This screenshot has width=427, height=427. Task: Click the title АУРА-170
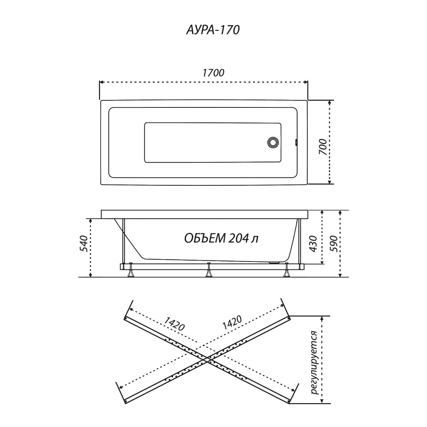click(213, 30)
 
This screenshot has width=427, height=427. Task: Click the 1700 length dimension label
click(213, 73)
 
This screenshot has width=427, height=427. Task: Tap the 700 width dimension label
click(323, 147)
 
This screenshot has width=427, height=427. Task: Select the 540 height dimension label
click(84, 243)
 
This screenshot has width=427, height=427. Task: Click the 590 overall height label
click(334, 244)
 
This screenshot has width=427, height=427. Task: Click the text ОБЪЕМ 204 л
click(221, 239)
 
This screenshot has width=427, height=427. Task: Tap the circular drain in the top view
click(273, 142)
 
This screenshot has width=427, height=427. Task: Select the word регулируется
click(315, 363)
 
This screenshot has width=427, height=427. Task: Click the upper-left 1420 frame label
click(174, 324)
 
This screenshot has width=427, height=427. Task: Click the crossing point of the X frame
click(207, 361)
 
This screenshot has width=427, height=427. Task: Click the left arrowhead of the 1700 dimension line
click(101, 82)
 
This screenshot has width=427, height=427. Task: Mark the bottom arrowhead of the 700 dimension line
click(330, 182)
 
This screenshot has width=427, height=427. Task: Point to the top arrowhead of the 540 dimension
click(91, 220)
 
